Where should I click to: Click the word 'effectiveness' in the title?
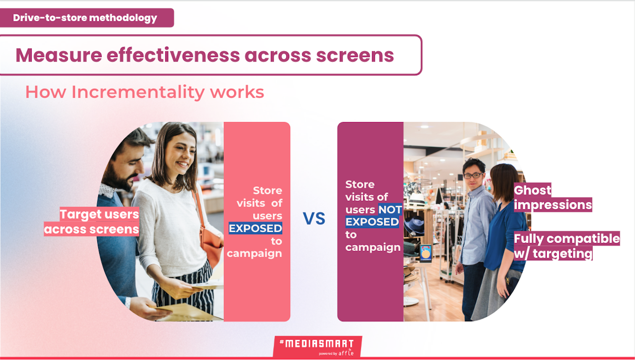pyautogui.click(x=173, y=55)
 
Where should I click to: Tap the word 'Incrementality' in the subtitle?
pyautogui.click(x=137, y=92)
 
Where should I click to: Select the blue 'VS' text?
pyautogui.click(x=314, y=219)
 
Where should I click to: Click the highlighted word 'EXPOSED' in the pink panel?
pyautogui.click(x=255, y=228)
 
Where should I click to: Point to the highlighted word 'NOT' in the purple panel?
pyautogui.click(x=390, y=209)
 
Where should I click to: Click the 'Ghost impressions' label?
pyautogui.click(x=553, y=197)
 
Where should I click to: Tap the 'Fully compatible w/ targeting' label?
pyautogui.click(x=567, y=246)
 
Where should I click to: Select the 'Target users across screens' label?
pyautogui.click(x=92, y=222)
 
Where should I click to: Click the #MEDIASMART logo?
pyautogui.click(x=317, y=347)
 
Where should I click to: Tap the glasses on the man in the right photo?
pyautogui.click(x=473, y=176)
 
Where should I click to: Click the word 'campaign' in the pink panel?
pyautogui.click(x=254, y=253)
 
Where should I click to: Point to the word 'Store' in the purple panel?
pyautogui.click(x=360, y=184)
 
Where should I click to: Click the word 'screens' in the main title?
pyautogui.click(x=355, y=55)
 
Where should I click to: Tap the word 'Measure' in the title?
pyautogui.click(x=59, y=55)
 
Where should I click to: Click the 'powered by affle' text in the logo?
pyautogui.click(x=336, y=353)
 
